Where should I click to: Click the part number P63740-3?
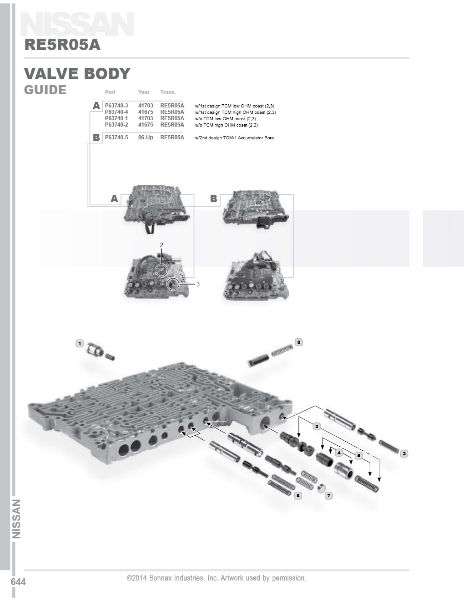pos(116,106)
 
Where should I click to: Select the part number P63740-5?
pos(116,138)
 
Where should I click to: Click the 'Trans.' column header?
pos(168,92)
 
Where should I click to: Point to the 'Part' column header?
pos(110,92)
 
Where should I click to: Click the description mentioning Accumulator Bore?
pos(234,138)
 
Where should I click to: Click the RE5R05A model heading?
pos(62,45)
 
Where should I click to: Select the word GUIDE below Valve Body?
pos(45,90)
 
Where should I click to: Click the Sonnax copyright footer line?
pos(217,578)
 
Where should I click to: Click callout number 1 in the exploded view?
pos(80,343)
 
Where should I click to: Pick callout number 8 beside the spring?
pos(298,342)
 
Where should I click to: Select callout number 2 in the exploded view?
pos(404,453)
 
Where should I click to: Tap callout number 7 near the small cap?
pos(329,495)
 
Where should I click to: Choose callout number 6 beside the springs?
pos(298,495)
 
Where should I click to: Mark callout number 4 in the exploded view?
pos(339,453)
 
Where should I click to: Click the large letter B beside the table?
pos(96,138)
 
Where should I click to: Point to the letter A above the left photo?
pos(114,199)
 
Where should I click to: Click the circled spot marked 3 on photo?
pos(173,285)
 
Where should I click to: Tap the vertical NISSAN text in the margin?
pos(16,519)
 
